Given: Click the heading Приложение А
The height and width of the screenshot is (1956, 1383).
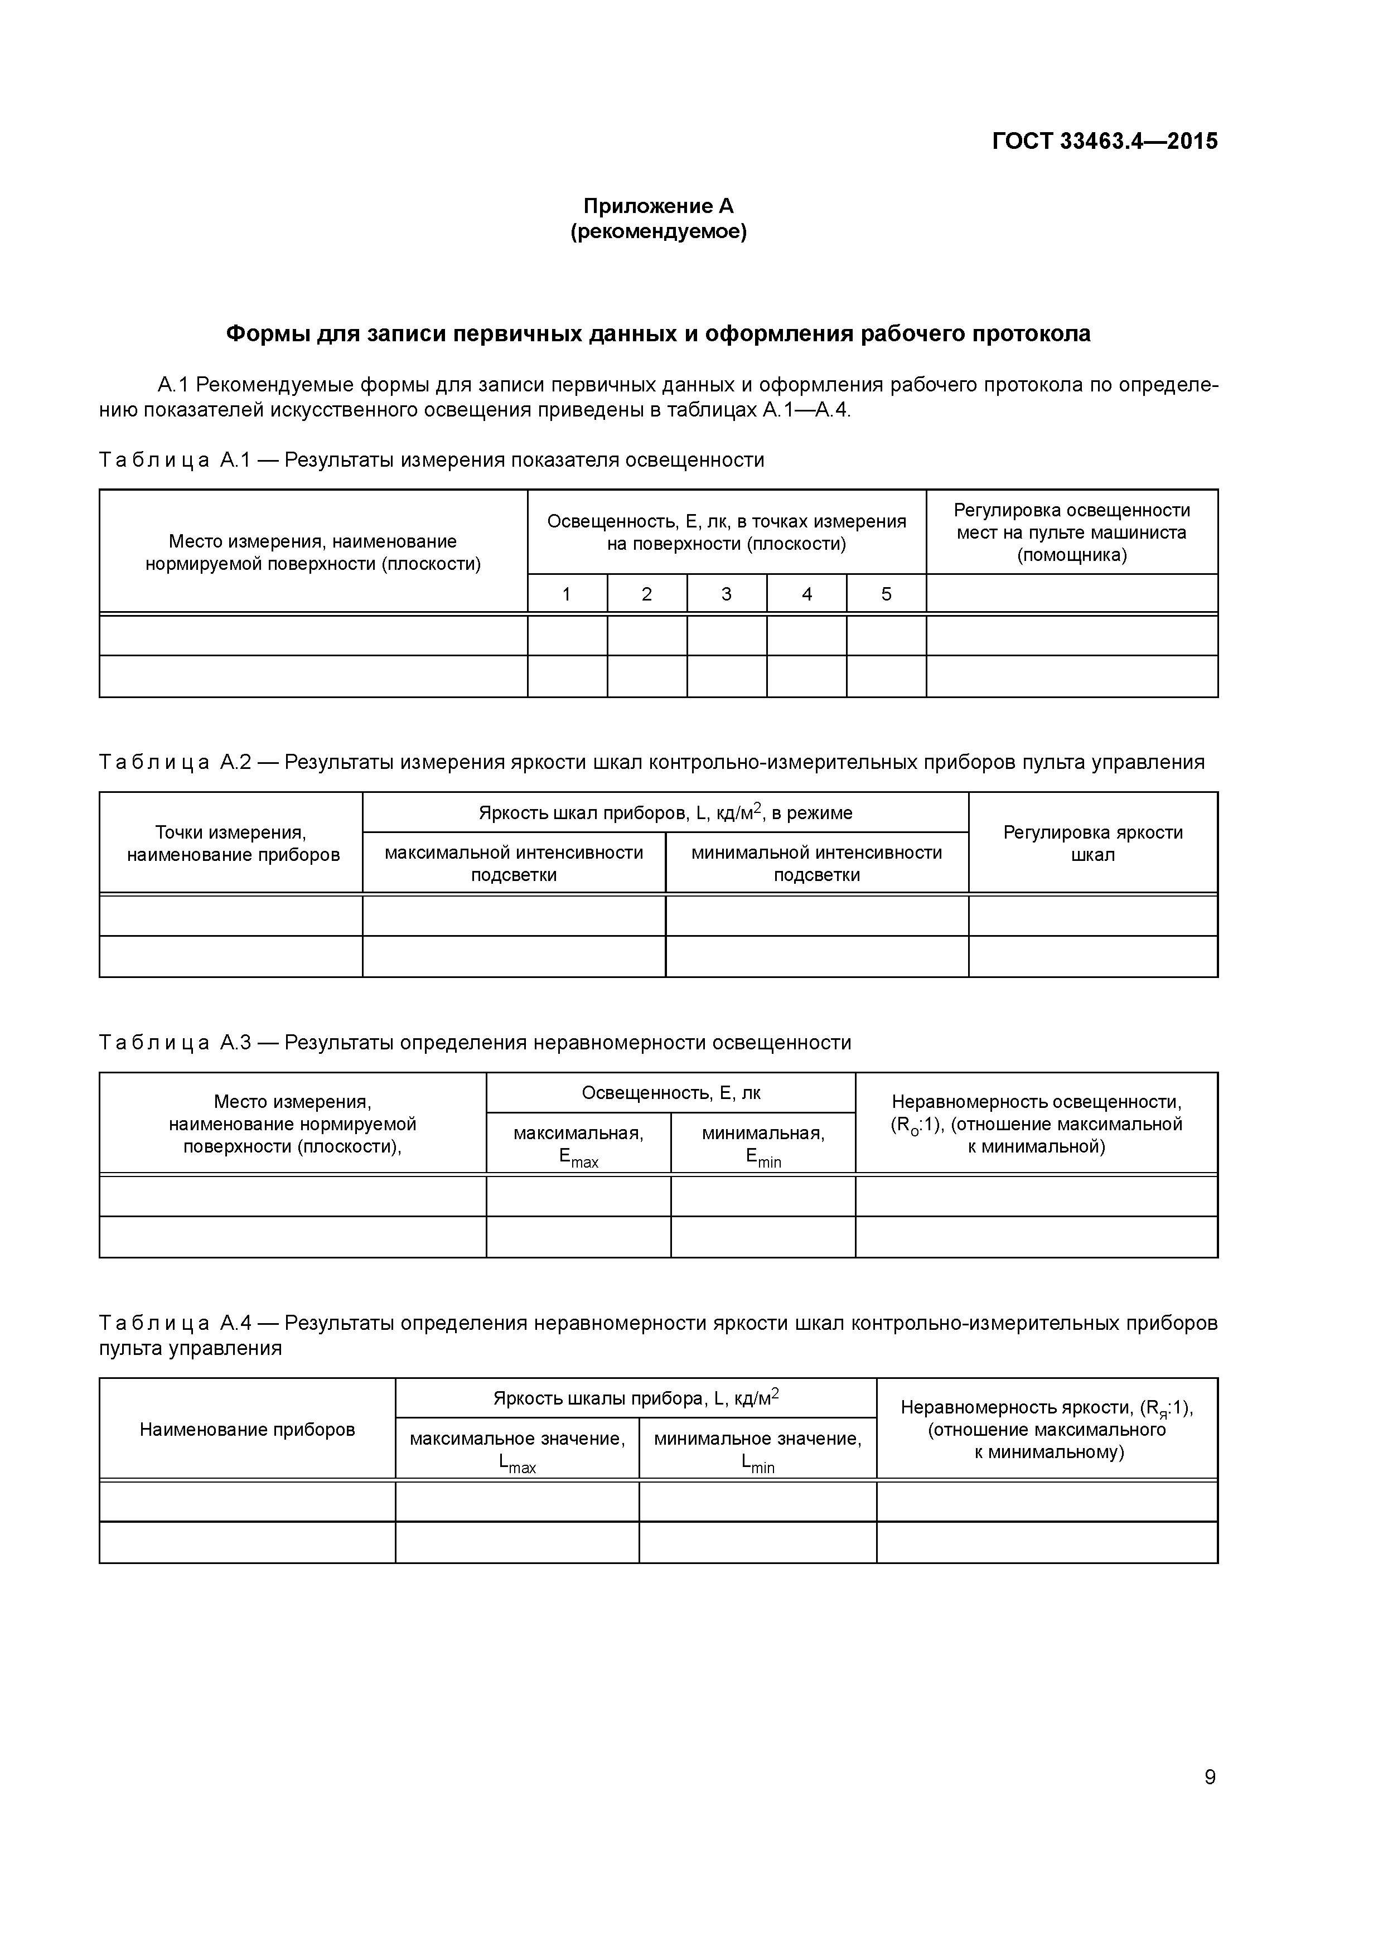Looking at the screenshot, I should point(658,206).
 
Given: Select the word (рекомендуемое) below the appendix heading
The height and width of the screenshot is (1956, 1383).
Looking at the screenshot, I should point(658,232).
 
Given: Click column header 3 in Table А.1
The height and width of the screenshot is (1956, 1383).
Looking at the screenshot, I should point(726,594).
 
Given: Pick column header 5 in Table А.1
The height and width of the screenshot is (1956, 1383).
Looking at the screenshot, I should point(886,594).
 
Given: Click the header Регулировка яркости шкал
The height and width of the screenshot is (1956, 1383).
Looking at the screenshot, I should point(1092,844).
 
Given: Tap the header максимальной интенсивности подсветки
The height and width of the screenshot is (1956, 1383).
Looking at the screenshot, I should point(514,864).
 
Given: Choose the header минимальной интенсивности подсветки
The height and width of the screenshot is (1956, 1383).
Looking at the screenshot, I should point(816,864).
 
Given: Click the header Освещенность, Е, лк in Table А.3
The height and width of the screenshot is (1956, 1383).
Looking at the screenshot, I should point(671,1093).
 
